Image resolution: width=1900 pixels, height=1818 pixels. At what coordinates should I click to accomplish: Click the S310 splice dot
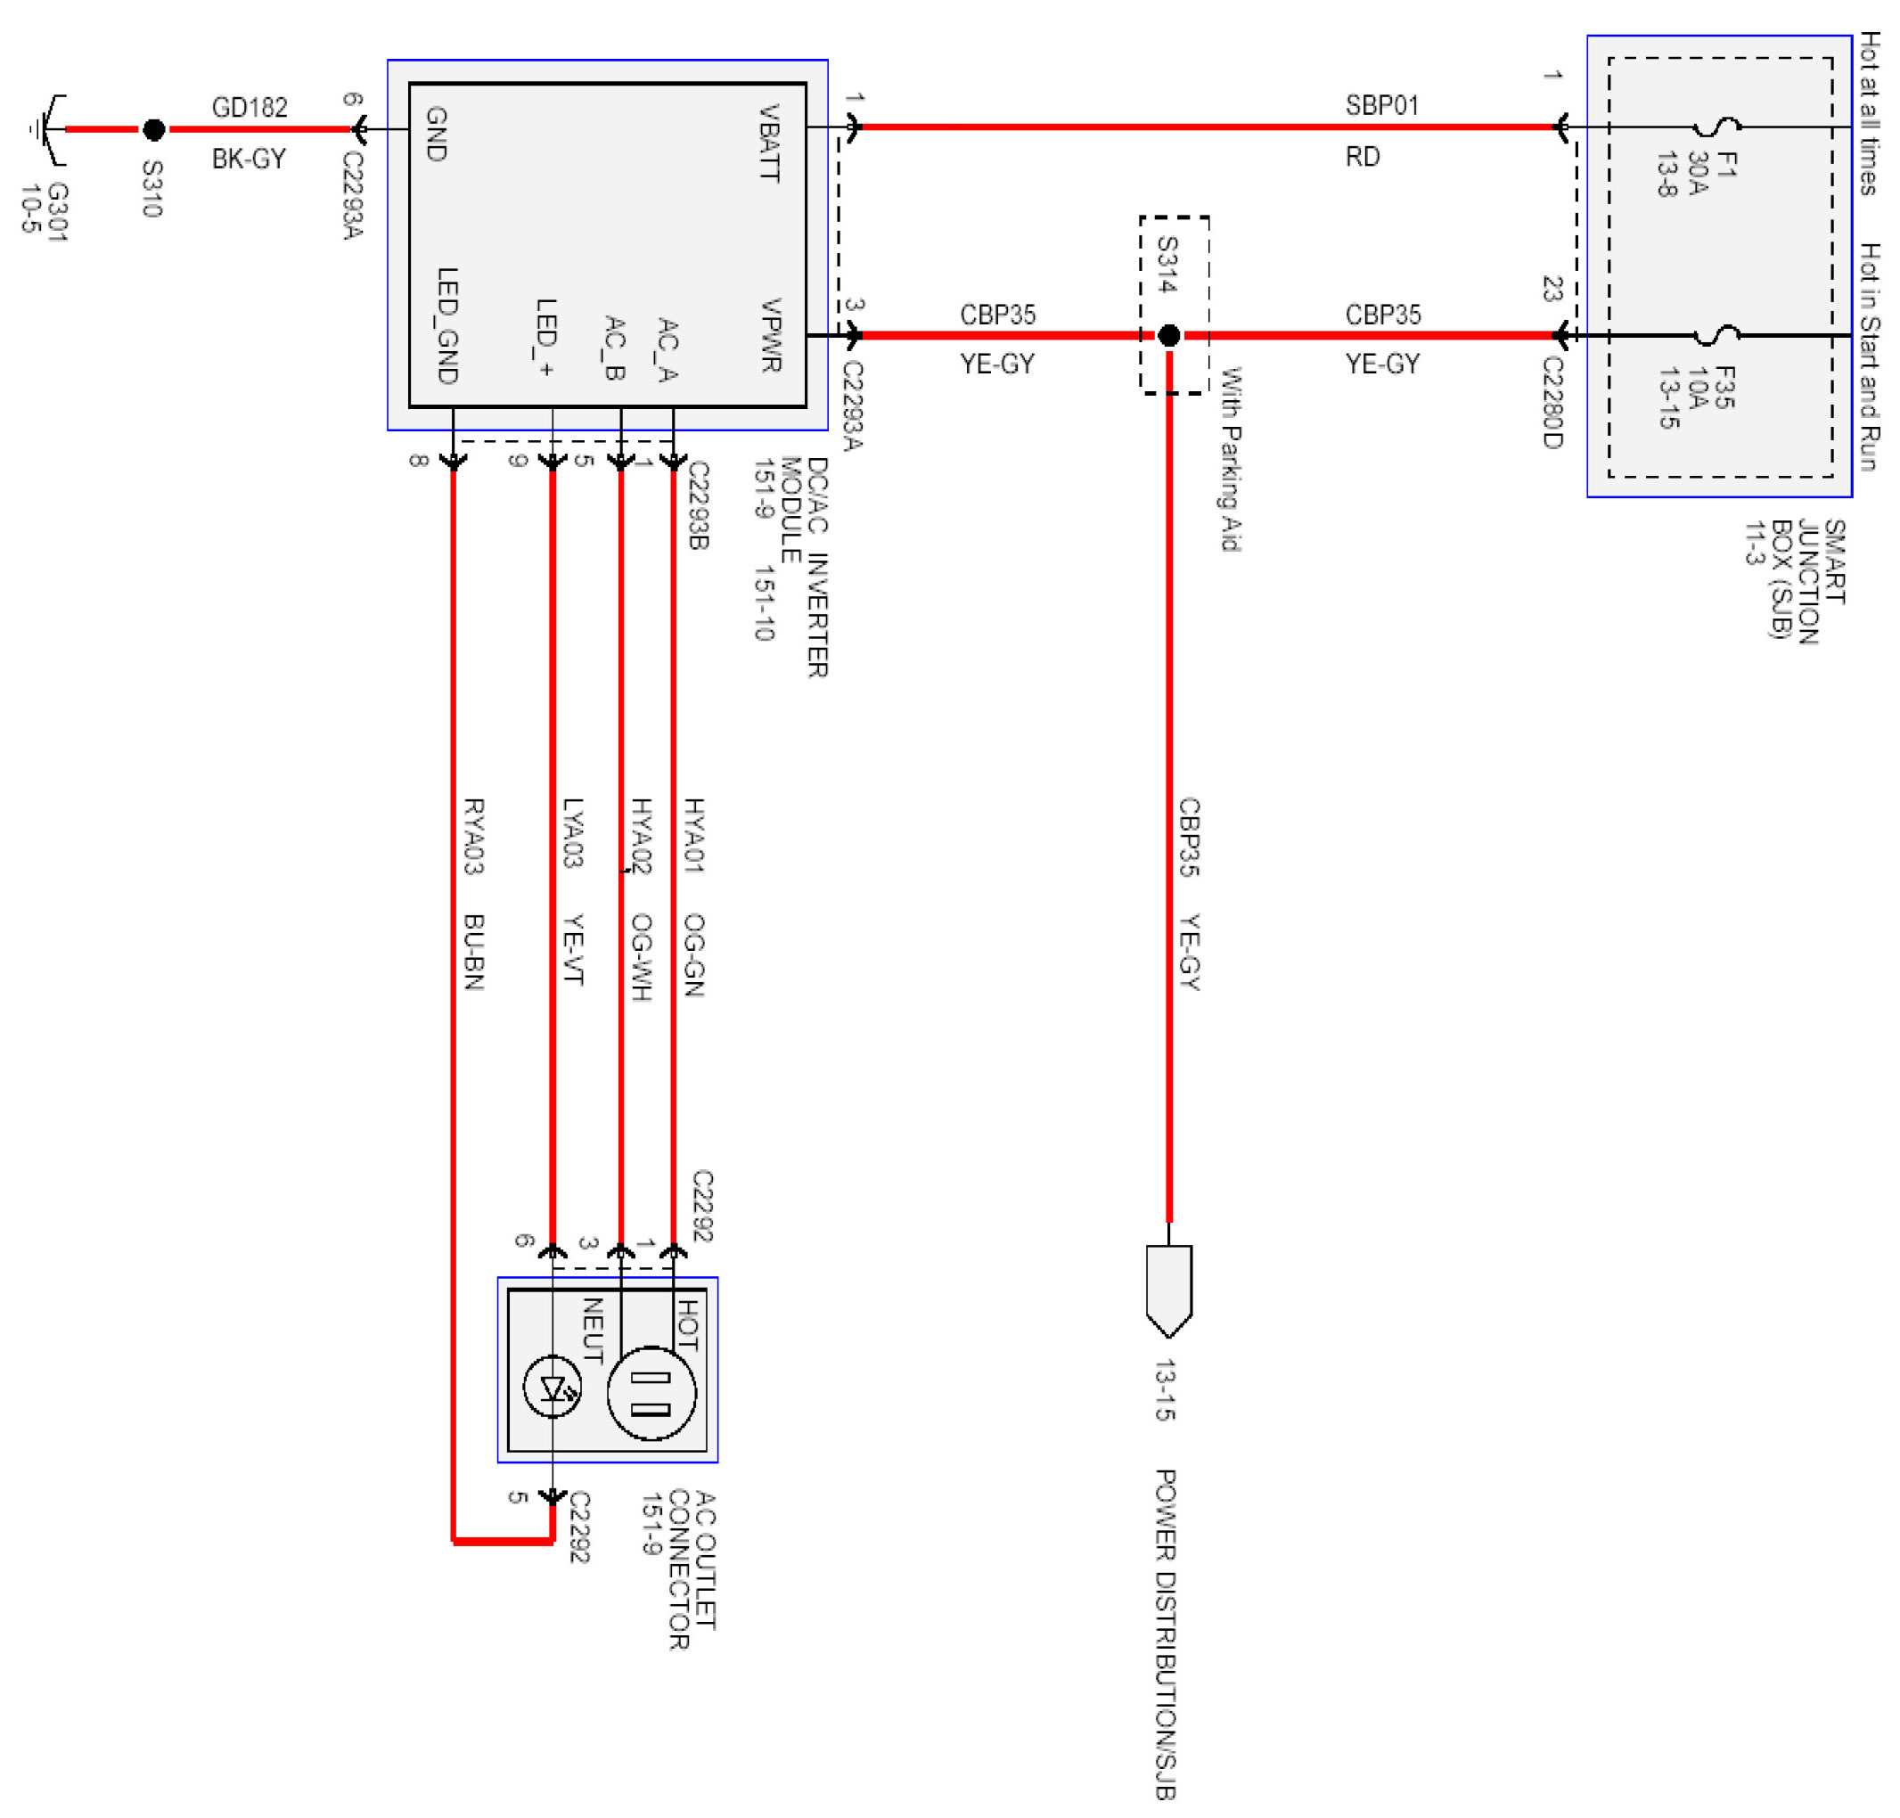point(153,129)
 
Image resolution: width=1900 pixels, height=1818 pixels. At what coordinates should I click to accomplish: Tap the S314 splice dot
point(1168,335)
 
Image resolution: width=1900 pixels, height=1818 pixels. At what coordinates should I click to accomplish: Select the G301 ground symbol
point(45,129)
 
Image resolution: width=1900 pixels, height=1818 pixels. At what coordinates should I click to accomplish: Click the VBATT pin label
point(768,143)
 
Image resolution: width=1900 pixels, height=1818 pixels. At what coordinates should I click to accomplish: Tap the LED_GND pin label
point(446,324)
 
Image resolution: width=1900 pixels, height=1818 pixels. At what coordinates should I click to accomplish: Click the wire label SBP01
point(1381,106)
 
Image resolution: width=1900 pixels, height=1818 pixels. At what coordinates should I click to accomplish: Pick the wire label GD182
point(249,108)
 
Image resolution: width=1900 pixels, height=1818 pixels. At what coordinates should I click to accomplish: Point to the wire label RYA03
point(473,835)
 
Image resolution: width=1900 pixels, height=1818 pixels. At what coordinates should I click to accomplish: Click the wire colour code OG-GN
point(693,954)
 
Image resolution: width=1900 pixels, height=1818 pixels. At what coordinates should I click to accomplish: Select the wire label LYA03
point(573,831)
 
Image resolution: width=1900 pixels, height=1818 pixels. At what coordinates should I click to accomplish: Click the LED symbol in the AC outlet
point(553,1388)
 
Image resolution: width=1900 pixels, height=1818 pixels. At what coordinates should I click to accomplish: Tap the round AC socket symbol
point(651,1392)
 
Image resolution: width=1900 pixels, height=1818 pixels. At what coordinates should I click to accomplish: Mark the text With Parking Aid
point(1230,458)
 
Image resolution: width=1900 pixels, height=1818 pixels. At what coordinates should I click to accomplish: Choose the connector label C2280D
point(1552,402)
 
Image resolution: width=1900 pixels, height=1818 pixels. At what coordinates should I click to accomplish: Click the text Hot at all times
point(1869,112)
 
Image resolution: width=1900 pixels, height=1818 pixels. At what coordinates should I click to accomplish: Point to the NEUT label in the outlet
point(592,1331)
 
